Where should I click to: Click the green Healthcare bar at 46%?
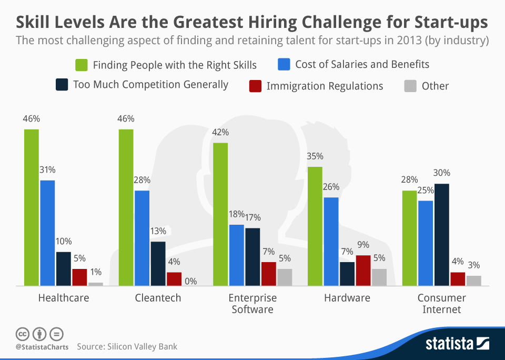click(x=31, y=207)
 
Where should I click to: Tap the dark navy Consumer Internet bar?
click(x=442, y=235)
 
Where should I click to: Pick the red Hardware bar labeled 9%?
click(x=363, y=271)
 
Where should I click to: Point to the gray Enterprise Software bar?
click(x=285, y=277)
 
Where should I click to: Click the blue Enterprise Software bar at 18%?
click(x=237, y=255)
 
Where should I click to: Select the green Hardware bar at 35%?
click(x=315, y=226)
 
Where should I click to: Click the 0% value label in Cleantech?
click(x=190, y=282)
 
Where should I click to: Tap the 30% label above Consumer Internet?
click(x=442, y=173)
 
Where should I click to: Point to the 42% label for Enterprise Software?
click(x=221, y=132)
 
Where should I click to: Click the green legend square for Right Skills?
click(x=81, y=65)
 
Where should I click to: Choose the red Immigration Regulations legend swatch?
click(x=255, y=85)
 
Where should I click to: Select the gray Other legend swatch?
click(x=410, y=85)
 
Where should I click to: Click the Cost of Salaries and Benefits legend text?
click(x=362, y=65)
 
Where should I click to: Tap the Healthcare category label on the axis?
click(x=64, y=298)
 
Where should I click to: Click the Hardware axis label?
click(x=347, y=298)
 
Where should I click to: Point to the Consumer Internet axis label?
click(x=442, y=304)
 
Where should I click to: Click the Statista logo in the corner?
click(x=457, y=344)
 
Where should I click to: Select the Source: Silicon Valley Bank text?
click(x=127, y=346)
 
